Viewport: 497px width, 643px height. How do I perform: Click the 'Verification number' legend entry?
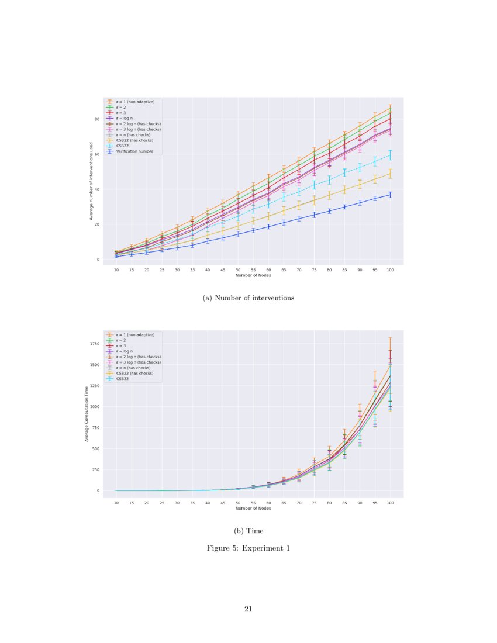click(134, 151)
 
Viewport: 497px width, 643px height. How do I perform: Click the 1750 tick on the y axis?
click(95, 344)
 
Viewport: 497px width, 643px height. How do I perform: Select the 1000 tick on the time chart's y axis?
click(95, 406)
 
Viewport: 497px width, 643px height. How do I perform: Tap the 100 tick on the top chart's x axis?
click(390, 270)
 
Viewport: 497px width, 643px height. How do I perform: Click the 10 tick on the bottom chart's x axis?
click(116, 502)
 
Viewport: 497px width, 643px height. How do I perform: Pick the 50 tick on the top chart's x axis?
click(238, 270)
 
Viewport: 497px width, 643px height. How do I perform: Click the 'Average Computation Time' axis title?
click(87, 413)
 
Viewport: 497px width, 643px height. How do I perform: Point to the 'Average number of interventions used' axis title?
click(91, 181)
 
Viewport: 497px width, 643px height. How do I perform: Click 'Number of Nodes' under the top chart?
click(253, 275)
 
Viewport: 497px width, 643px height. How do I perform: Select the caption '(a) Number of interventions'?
click(248, 298)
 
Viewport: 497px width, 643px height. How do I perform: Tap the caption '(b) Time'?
click(248, 531)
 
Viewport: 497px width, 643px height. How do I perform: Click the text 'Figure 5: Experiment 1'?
click(248, 548)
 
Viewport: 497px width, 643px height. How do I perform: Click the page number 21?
click(248, 609)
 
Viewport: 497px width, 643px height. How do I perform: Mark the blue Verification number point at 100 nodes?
click(390, 195)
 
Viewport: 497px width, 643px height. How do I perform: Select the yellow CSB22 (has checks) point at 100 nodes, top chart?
click(390, 174)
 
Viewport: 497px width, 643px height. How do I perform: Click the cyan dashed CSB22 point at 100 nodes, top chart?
click(390, 155)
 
